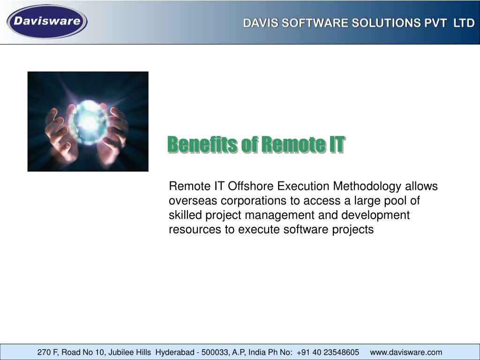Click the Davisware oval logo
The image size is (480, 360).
coord(47,22)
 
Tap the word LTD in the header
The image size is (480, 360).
coord(464,23)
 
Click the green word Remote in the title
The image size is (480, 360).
coord(294,144)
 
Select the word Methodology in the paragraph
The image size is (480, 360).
coord(367,187)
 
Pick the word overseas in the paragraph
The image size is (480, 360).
coord(193,201)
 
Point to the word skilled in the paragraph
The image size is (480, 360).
coord(185,215)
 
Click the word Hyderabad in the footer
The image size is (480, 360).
coord(175,352)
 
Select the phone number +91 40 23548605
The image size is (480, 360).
coord(328,352)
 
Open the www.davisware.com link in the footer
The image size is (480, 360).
coord(406,352)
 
